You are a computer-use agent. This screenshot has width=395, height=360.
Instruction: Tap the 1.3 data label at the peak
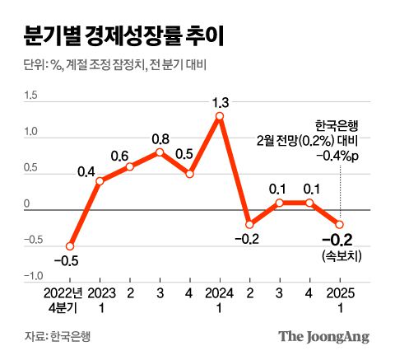220,102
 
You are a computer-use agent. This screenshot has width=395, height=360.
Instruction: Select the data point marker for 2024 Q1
220,117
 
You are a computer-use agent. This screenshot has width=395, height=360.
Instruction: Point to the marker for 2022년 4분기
70,245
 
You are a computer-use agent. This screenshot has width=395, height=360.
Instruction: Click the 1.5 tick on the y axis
30,96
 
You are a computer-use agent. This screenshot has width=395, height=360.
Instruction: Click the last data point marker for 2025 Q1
339,223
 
